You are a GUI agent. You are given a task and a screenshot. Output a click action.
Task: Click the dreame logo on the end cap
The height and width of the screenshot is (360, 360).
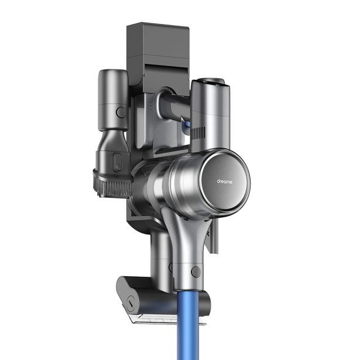coord(224,181)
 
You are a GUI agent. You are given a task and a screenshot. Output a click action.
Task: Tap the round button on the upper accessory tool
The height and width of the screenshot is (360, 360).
coord(121,112)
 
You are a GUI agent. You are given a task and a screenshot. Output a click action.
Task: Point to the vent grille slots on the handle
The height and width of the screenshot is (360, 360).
coord(198,133)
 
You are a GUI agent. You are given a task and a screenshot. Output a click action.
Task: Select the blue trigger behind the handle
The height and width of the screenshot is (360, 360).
coord(186,125)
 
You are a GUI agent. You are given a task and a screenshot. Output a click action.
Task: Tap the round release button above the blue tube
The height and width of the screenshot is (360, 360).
coord(196,272)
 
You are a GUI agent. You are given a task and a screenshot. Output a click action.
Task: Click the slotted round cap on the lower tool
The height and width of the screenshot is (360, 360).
coord(131,304)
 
